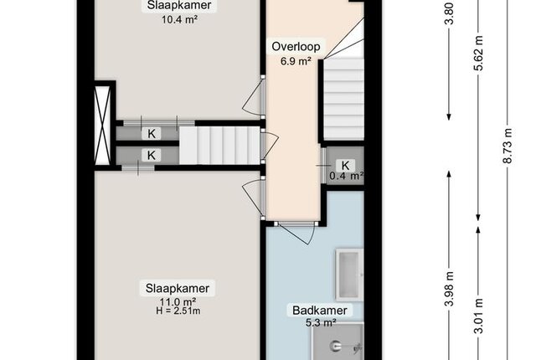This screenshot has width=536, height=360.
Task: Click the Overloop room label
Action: click(x=296, y=46)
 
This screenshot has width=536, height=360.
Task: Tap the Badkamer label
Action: click(x=320, y=310)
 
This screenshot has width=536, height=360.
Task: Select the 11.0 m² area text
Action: click(x=178, y=302)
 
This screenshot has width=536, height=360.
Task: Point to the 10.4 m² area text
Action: click(x=179, y=19)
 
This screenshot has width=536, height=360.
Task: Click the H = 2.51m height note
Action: click(x=178, y=311)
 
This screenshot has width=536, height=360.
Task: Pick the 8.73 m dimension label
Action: click(x=508, y=146)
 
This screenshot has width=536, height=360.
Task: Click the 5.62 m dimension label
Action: click(x=478, y=53)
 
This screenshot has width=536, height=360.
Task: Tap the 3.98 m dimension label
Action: click(x=450, y=289)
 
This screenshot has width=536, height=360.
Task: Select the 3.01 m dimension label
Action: click(x=478, y=316)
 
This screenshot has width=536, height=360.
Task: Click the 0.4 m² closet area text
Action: click(x=346, y=176)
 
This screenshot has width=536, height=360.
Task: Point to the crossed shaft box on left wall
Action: click(x=102, y=126)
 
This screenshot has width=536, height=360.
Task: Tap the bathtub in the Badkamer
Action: click(x=350, y=275)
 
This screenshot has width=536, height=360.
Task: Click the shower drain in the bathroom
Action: click(x=335, y=347)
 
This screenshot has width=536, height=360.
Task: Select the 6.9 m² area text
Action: click(x=296, y=61)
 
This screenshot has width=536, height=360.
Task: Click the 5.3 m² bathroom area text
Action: click(x=321, y=322)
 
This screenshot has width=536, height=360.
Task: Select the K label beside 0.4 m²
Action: click(x=345, y=165)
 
